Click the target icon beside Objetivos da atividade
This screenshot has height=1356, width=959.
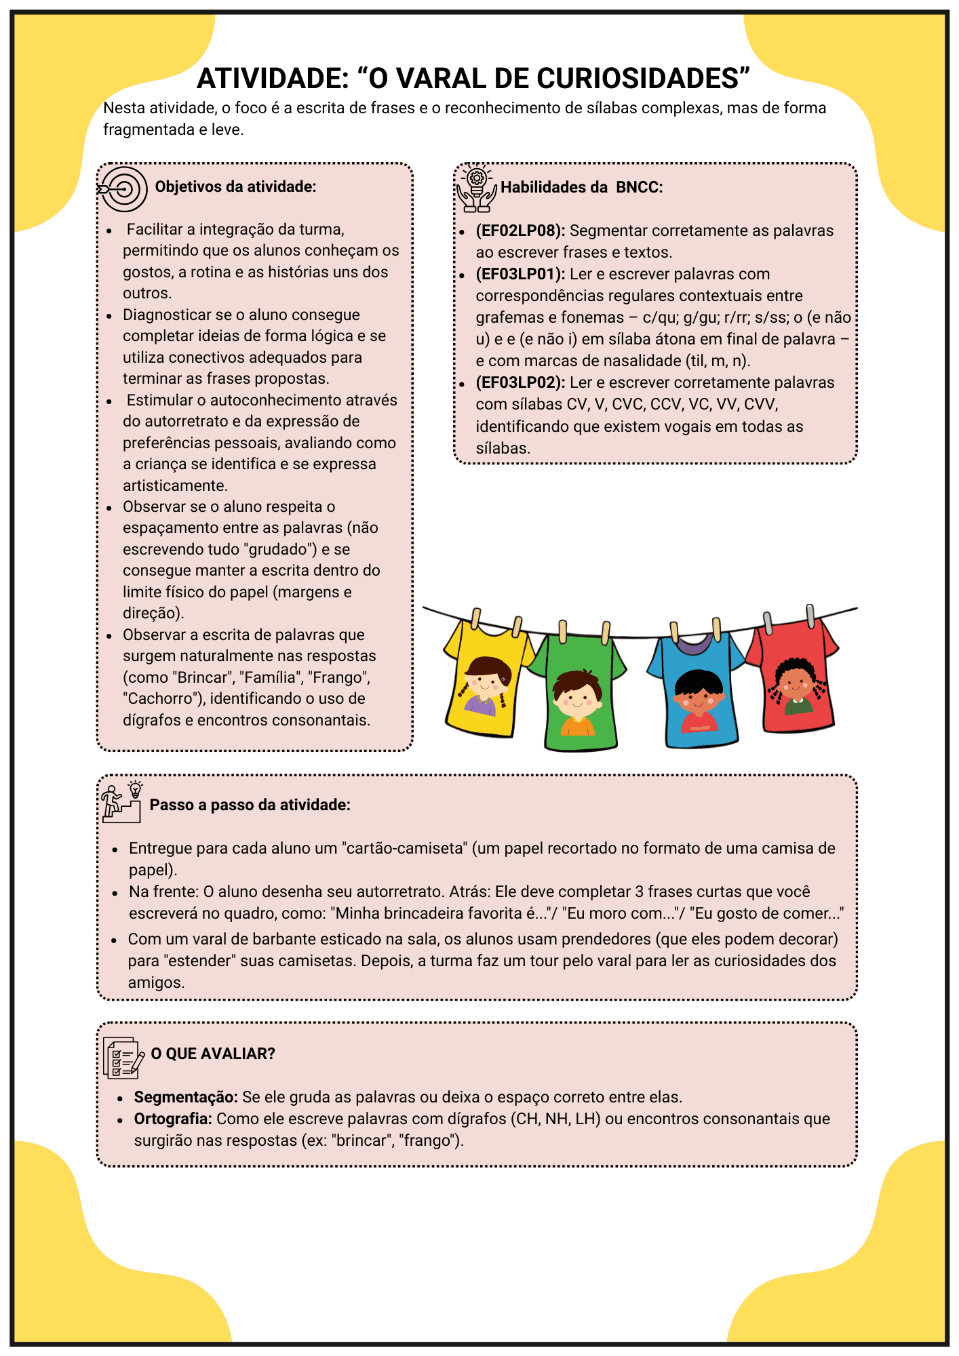[123, 188]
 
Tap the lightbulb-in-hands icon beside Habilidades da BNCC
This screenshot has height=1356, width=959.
[477, 188]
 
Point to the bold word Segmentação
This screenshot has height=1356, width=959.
[185, 1097]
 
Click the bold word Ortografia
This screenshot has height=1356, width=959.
[173, 1119]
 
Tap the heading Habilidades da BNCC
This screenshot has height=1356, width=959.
[581, 188]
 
